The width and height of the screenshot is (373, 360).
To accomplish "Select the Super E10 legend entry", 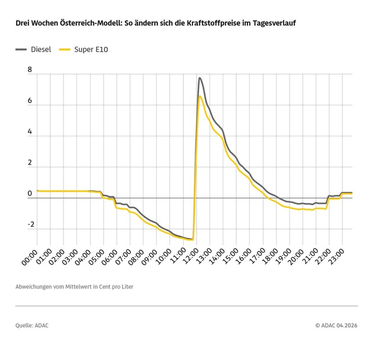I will (x=90, y=49).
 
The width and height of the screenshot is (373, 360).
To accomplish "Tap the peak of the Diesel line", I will (x=200, y=78).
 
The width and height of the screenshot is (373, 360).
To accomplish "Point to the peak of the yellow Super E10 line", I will (x=200, y=97).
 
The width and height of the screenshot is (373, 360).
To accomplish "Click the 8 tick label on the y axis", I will (x=30, y=70).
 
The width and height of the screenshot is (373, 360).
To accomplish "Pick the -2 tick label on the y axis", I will (x=28, y=224).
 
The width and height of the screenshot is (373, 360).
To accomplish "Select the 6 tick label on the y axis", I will (x=30, y=101).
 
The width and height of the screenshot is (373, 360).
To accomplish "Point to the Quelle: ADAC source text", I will (x=33, y=325).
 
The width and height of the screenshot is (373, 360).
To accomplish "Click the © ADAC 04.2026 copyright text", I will (x=336, y=325).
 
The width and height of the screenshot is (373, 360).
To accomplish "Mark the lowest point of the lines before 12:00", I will (x=191, y=239).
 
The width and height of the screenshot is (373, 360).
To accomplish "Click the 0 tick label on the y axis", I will (x=30, y=194).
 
